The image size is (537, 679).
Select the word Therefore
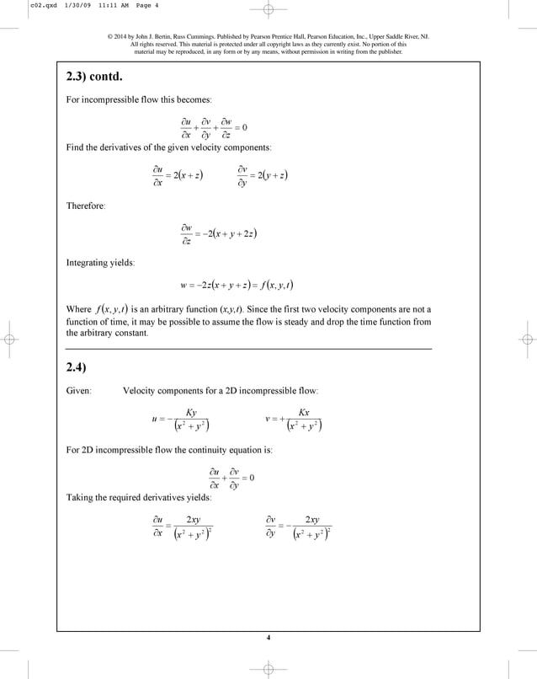(x=86, y=206)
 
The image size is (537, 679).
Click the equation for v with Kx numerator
(x=294, y=419)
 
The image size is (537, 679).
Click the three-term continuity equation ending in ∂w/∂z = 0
(x=214, y=127)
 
